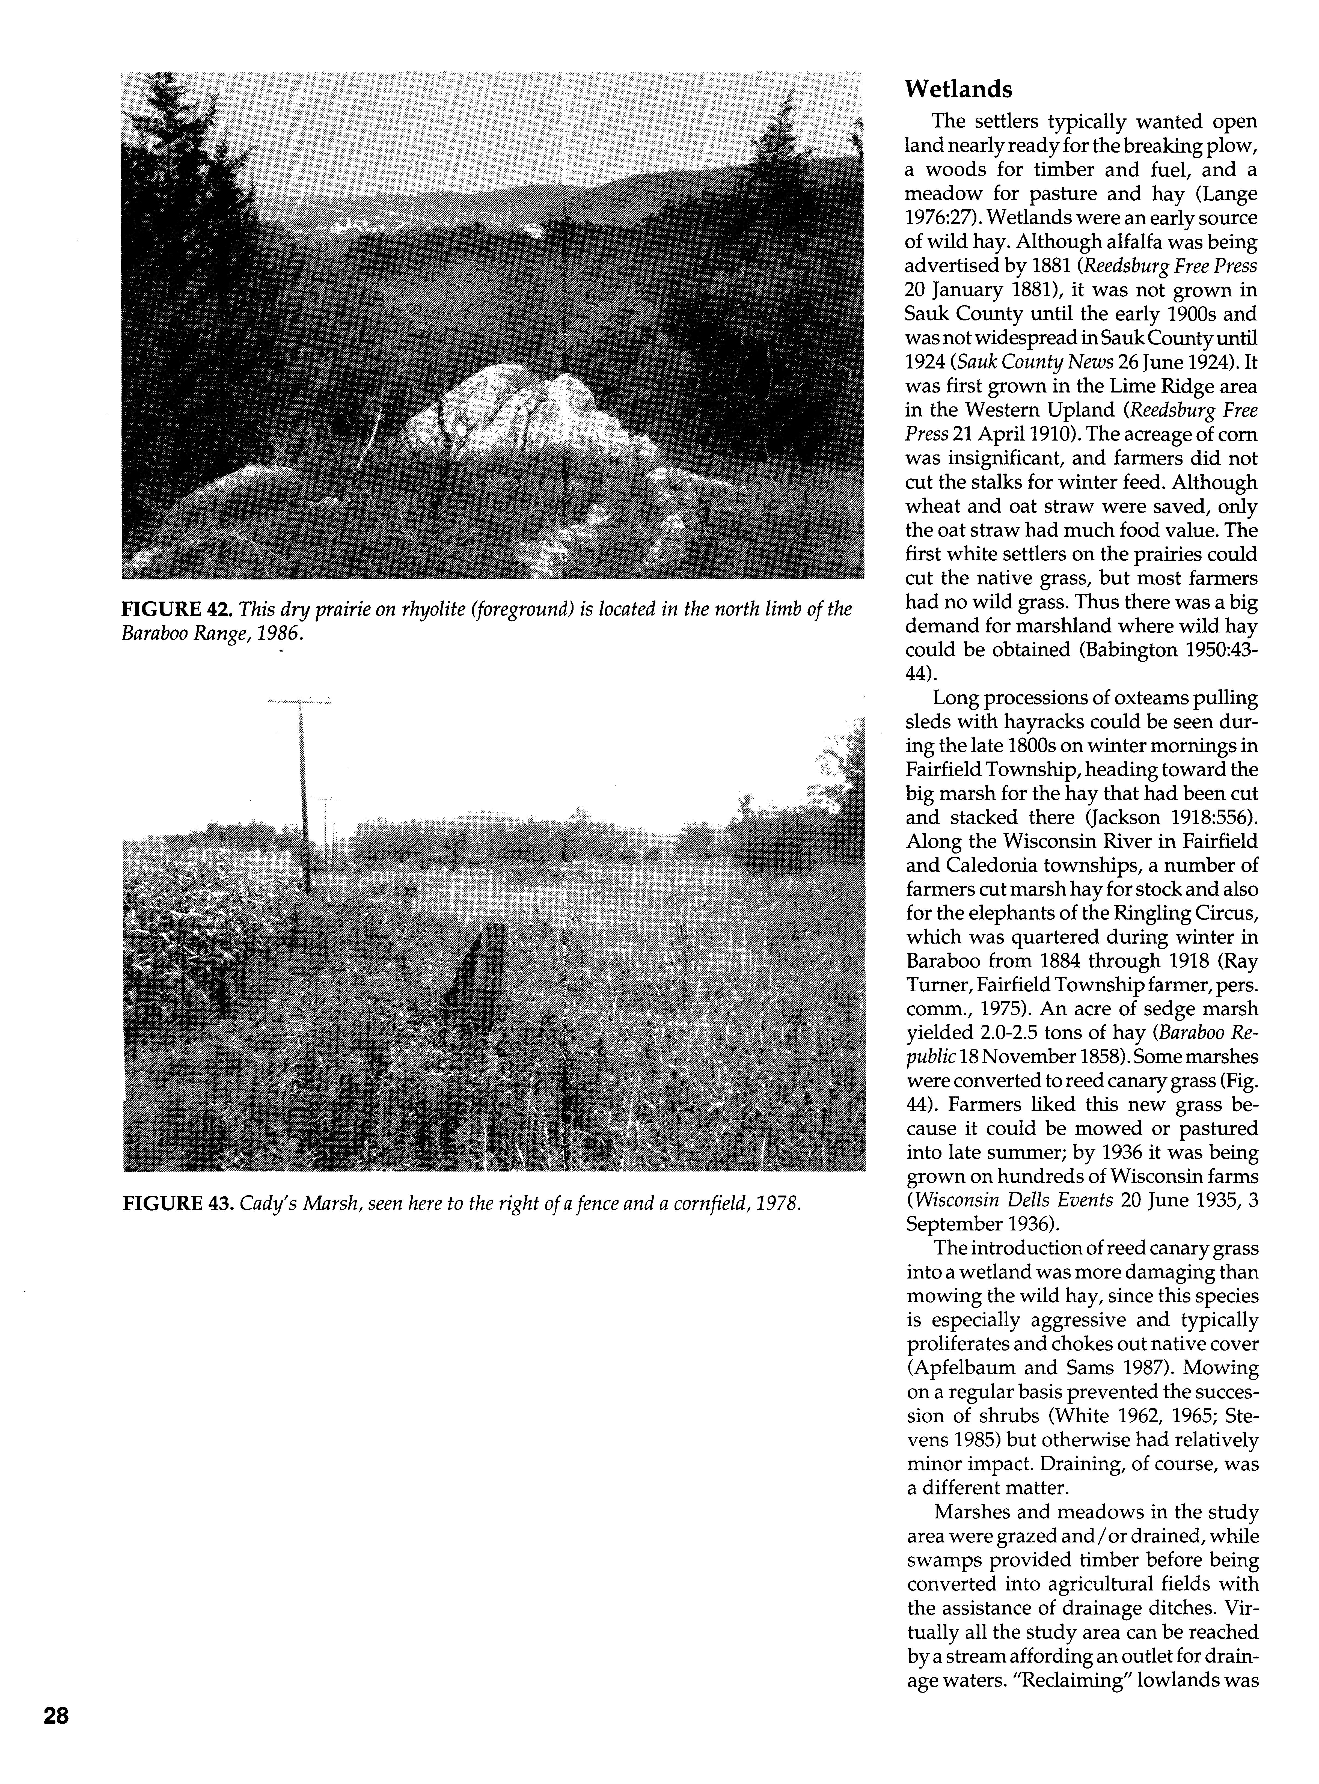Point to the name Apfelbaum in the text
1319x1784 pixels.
coord(963,1367)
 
